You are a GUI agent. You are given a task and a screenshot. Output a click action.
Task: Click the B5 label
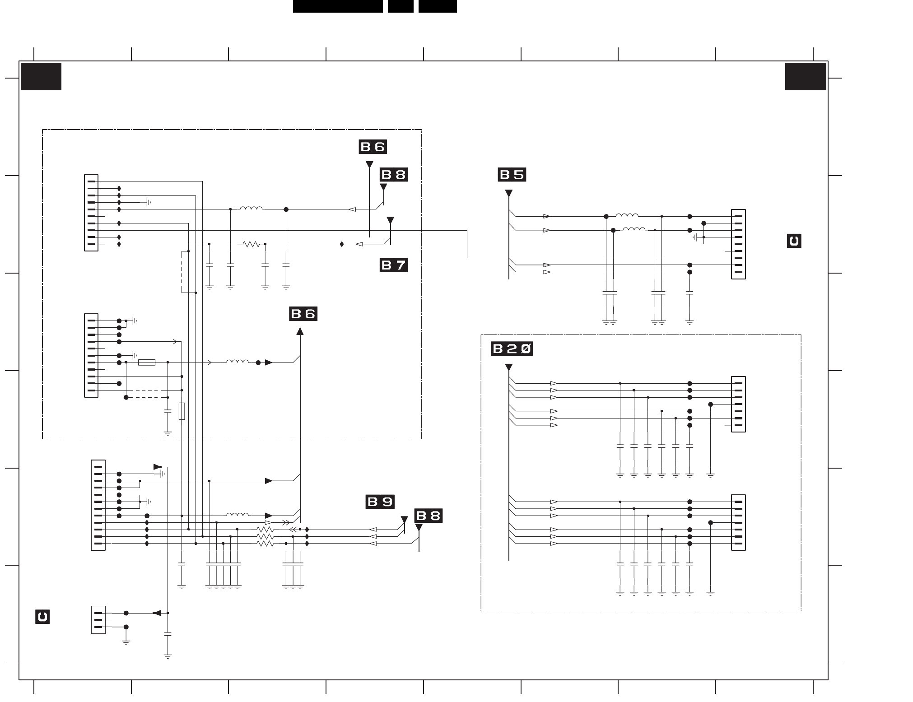pos(512,175)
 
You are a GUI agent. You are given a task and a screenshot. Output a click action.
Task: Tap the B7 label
pos(394,265)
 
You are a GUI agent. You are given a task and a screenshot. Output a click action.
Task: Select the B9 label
pos(380,502)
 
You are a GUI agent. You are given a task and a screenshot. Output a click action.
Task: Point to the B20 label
pos(512,349)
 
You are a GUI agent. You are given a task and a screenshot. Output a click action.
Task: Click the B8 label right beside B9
pos(429,516)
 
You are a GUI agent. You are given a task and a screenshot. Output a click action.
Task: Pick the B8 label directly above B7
pos(394,175)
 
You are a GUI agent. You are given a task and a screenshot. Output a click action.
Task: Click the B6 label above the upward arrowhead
pos(303,314)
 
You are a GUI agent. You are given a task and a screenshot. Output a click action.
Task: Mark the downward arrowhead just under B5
pos(509,194)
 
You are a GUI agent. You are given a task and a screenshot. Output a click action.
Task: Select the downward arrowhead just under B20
pos(509,367)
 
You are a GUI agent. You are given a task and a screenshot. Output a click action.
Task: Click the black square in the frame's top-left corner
pos(41,77)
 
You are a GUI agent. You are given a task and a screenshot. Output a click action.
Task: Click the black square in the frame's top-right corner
pos(806,77)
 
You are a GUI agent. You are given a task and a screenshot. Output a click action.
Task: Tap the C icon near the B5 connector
pos(794,241)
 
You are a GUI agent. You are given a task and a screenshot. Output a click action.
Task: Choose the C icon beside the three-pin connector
pos(42,617)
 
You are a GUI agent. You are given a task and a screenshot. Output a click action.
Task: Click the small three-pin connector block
pos(98,620)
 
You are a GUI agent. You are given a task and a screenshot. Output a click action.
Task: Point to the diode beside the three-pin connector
pos(157,613)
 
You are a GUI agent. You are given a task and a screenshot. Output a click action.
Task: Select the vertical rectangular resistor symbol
pos(182,411)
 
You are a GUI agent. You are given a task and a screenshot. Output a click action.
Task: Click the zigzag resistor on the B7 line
pos(251,244)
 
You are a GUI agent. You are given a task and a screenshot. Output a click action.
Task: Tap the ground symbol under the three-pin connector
pos(126,642)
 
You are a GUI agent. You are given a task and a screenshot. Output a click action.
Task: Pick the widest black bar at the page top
pos(338,6)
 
